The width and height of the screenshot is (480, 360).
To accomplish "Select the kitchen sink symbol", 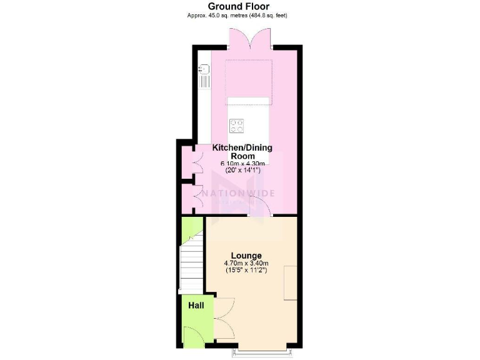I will click(x=204, y=78).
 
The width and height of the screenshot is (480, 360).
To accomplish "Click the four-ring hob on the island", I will click(x=237, y=125).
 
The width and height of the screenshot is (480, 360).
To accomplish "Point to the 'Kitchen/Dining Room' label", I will click(x=242, y=152).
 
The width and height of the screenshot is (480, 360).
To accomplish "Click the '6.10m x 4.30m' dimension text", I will click(x=242, y=164).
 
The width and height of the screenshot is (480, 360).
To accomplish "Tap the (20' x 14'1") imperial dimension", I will click(x=242, y=171).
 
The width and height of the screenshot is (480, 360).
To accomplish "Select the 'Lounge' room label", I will click(x=246, y=255).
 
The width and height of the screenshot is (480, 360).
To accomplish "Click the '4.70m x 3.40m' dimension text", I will click(x=246, y=263).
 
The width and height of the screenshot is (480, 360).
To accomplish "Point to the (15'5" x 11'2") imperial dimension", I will click(x=246, y=270).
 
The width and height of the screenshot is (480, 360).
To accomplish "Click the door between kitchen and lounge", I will click(x=259, y=209).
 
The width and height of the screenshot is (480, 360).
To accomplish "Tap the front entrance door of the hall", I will click(x=193, y=337).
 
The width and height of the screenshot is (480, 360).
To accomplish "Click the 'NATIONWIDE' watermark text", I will click(x=247, y=193).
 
